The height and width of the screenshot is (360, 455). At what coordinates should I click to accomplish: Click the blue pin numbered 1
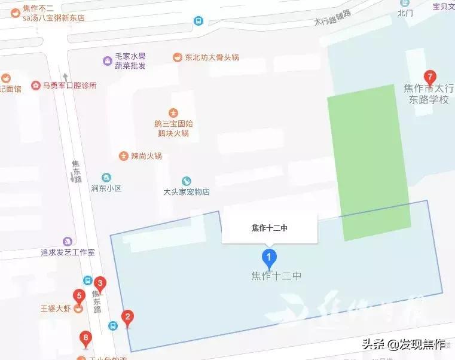point(270,259)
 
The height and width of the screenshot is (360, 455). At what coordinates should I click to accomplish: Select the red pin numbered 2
point(127,318)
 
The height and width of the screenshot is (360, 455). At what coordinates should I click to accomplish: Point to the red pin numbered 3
point(100,283)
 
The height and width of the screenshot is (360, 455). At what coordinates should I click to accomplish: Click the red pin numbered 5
point(78,296)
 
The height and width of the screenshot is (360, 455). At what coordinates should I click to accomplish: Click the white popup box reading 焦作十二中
point(270,227)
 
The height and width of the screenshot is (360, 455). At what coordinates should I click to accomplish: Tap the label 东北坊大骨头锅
point(211,57)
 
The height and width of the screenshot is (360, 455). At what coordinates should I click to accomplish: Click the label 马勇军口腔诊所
point(69,86)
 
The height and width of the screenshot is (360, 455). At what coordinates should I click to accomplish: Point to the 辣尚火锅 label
point(146,155)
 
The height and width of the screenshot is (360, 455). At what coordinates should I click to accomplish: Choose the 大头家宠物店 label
point(187,192)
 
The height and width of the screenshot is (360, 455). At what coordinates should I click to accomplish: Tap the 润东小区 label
point(106,188)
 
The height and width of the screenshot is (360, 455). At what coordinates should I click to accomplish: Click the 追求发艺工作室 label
point(68,252)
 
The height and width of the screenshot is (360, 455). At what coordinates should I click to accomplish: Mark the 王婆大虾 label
point(56,309)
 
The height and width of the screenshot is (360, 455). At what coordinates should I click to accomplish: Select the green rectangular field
point(368,161)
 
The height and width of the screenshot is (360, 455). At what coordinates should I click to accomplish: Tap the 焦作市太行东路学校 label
point(428,94)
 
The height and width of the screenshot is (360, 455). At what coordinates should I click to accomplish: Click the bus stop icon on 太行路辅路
point(198,21)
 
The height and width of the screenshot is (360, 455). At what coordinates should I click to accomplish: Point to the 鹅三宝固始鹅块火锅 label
point(173,128)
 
